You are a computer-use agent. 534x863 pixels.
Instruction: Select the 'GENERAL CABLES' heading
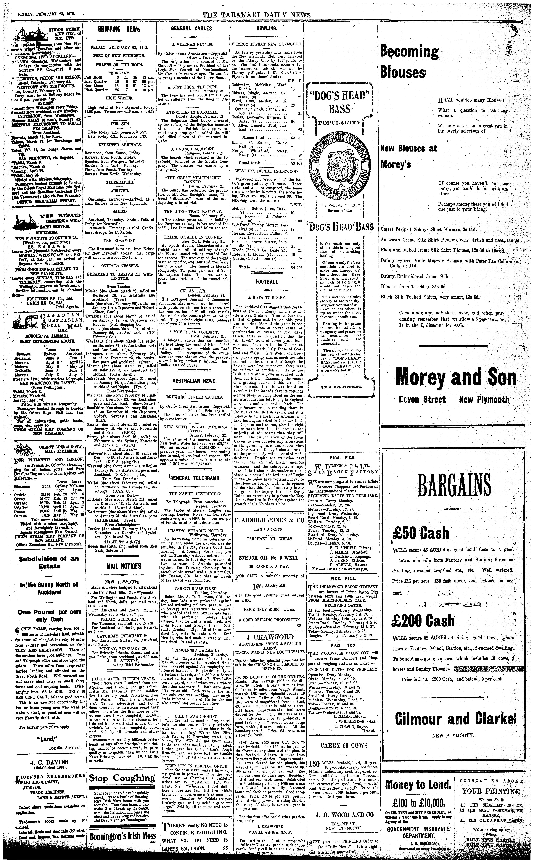point(191,29)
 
